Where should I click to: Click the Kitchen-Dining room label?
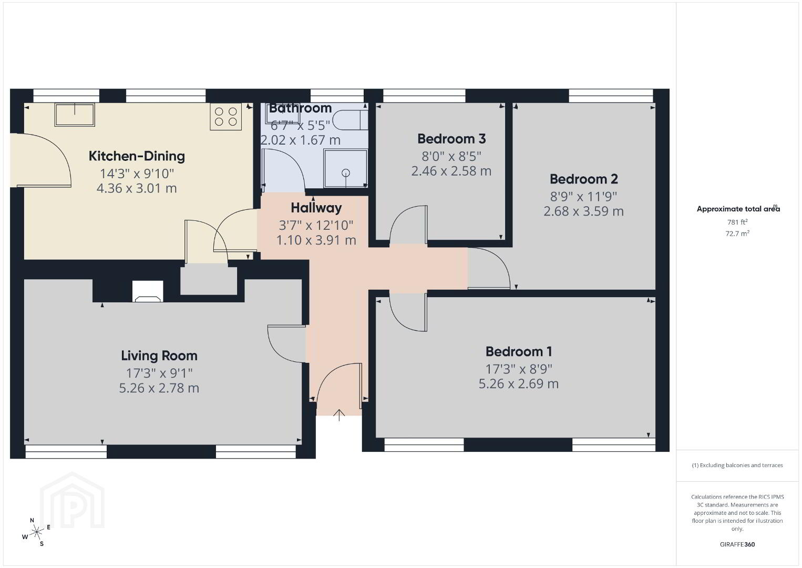[x=137, y=156]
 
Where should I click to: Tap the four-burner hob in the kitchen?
[x=225, y=116]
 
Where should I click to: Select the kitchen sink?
[x=75, y=115]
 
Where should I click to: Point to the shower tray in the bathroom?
[x=345, y=168]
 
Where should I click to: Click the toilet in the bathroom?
[x=350, y=120]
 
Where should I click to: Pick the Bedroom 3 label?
[x=451, y=139]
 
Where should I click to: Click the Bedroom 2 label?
[x=583, y=179]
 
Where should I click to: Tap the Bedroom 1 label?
[x=518, y=351]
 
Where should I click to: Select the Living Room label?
[x=159, y=356]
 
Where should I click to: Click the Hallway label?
[x=316, y=208]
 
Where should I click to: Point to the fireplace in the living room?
[x=148, y=291]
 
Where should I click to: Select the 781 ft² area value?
[x=737, y=222]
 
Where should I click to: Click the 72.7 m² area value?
[x=737, y=234]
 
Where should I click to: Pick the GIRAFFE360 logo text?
[x=737, y=544]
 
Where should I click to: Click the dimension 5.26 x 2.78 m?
[x=159, y=388]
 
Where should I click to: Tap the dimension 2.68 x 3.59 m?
[x=583, y=211]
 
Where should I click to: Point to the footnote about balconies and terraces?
[x=737, y=465]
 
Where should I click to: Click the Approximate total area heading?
[x=738, y=209]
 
